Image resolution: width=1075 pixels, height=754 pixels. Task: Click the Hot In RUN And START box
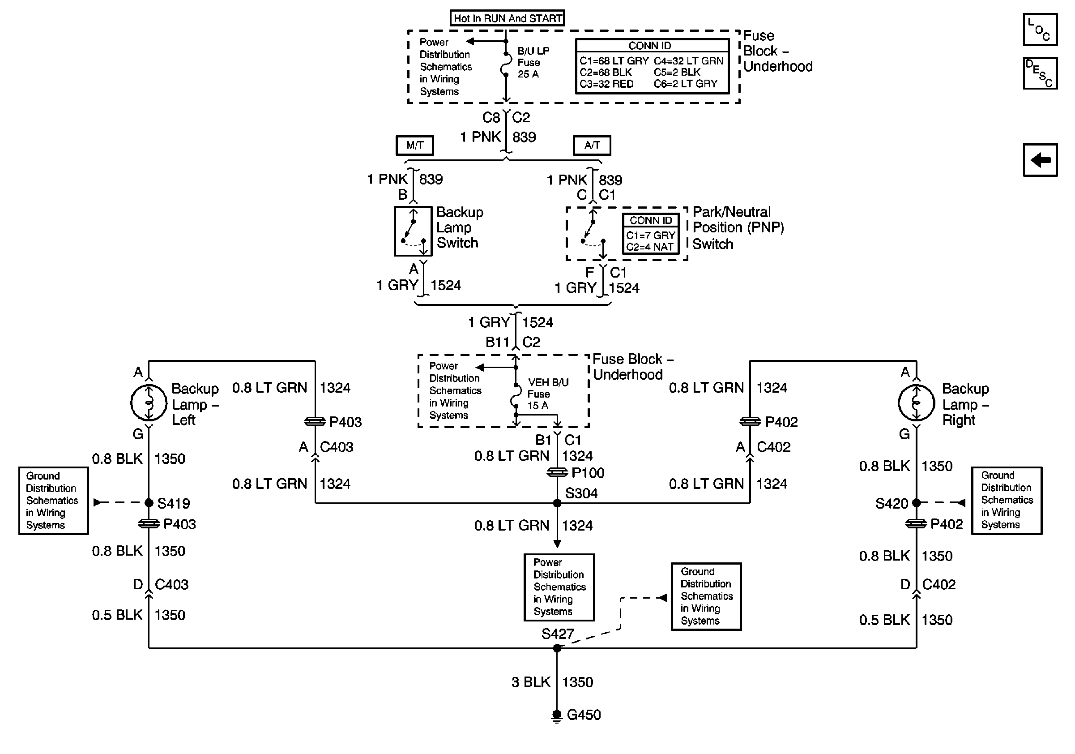[507, 18]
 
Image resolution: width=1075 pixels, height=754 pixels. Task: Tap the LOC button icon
[1040, 30]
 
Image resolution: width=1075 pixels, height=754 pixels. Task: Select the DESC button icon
[1040, 73]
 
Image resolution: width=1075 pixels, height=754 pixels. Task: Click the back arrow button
[1040, 160]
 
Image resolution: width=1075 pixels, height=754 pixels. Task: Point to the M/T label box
[414, 145]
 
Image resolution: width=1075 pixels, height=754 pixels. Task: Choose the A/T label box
[592, 145]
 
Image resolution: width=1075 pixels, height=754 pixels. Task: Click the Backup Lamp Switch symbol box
[413, 231]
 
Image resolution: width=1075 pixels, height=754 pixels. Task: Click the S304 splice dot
[557, 503]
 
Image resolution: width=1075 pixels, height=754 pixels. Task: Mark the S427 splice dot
[557, 648]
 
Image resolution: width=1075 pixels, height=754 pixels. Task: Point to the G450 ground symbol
[557, 715]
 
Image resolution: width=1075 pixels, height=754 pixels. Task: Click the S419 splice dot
[149, 503]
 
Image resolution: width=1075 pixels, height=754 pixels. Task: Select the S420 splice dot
[916, 503]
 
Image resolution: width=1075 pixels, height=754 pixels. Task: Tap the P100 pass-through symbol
[557, 473]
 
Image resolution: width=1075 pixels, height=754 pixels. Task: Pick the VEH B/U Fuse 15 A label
[547, 394]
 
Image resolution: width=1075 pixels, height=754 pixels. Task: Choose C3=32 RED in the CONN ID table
[606, 84]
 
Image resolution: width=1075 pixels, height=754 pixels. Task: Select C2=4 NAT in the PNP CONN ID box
[650, 247]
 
